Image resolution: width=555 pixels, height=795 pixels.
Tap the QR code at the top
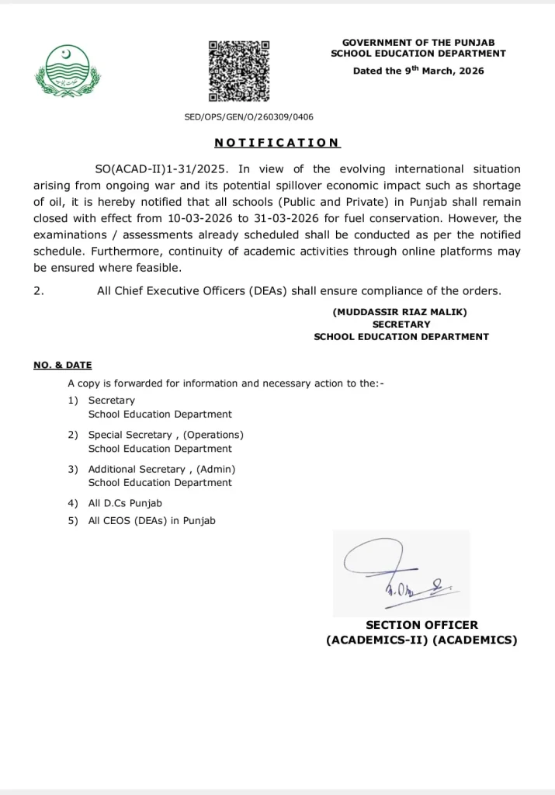(239, 71)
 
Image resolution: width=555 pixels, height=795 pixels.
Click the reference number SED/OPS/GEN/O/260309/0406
(248, 117)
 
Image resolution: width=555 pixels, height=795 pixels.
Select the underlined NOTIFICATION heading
(277, 143)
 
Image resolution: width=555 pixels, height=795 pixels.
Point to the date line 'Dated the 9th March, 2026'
(418, 71)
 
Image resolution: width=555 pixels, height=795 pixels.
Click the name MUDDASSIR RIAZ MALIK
(401, 312)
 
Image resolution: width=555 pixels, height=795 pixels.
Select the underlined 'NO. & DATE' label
(62, 365)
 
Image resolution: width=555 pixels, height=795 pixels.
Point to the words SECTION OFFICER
(421, 625)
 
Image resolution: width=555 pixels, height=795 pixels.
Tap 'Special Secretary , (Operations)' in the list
(165, 435)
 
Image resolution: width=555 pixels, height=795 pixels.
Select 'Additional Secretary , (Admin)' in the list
(161, 469)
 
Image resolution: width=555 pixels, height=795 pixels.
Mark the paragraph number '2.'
(39, 291)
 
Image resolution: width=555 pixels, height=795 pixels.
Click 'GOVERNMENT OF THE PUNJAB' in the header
(418, 42)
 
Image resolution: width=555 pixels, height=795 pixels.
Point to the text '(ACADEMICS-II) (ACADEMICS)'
(421, 641)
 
